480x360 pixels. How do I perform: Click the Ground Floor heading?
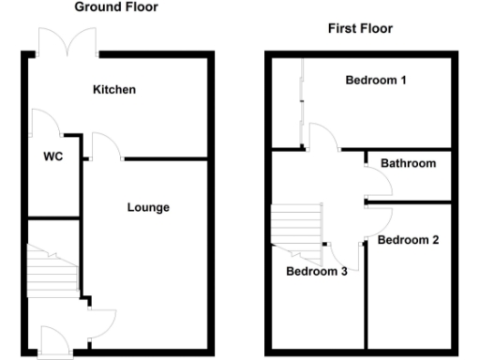[x=116, y=7]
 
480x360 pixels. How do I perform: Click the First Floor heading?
[x=359, y=29]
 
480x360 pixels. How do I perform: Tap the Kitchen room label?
[x=114, y=90]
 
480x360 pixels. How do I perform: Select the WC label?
[x=53, y=157]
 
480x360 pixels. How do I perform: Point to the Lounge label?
[x=148, y=207]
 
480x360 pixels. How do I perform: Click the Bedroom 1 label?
[x=376, y=80]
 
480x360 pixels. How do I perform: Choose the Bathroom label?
[x=408, y=163]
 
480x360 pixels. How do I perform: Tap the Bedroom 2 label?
[x=408, y=240]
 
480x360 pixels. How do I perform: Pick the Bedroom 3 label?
[x=317, y=272]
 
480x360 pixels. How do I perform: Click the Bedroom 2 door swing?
[x=379, y=220]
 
